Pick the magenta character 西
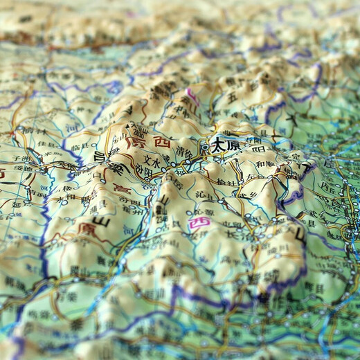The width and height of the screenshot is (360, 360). click(x=198, y=224)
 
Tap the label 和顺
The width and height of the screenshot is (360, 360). click(x=265, y=164)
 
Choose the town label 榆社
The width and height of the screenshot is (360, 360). click(x=226, y=182)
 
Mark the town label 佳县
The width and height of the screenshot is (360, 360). click(x=47, y=145)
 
